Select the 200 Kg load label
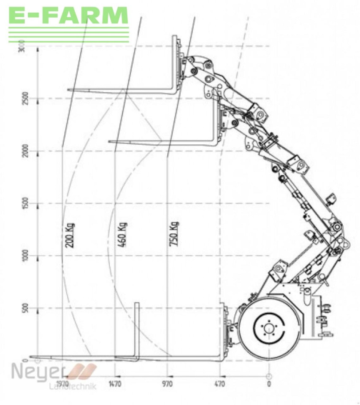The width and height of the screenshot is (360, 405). [70, 235]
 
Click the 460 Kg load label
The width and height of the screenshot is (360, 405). [123, 235]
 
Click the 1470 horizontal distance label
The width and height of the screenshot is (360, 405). [115, 384]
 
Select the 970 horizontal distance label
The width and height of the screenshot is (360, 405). [168, 384]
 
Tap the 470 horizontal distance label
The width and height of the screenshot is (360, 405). [220, 384]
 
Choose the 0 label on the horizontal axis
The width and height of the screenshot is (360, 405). [269, 384]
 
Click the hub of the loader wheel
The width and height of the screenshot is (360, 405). [269, 327]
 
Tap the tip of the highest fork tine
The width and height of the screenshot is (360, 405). [69, 90]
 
